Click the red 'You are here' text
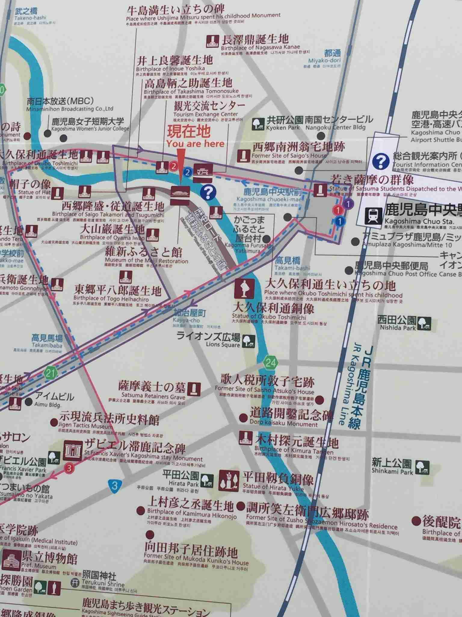point(196,144)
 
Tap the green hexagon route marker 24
point(270,363)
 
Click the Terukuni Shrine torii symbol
point(75,582)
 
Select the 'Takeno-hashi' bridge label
point(26,18)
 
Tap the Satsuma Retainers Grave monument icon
point(194,389)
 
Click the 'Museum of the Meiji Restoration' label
point(146,261)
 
